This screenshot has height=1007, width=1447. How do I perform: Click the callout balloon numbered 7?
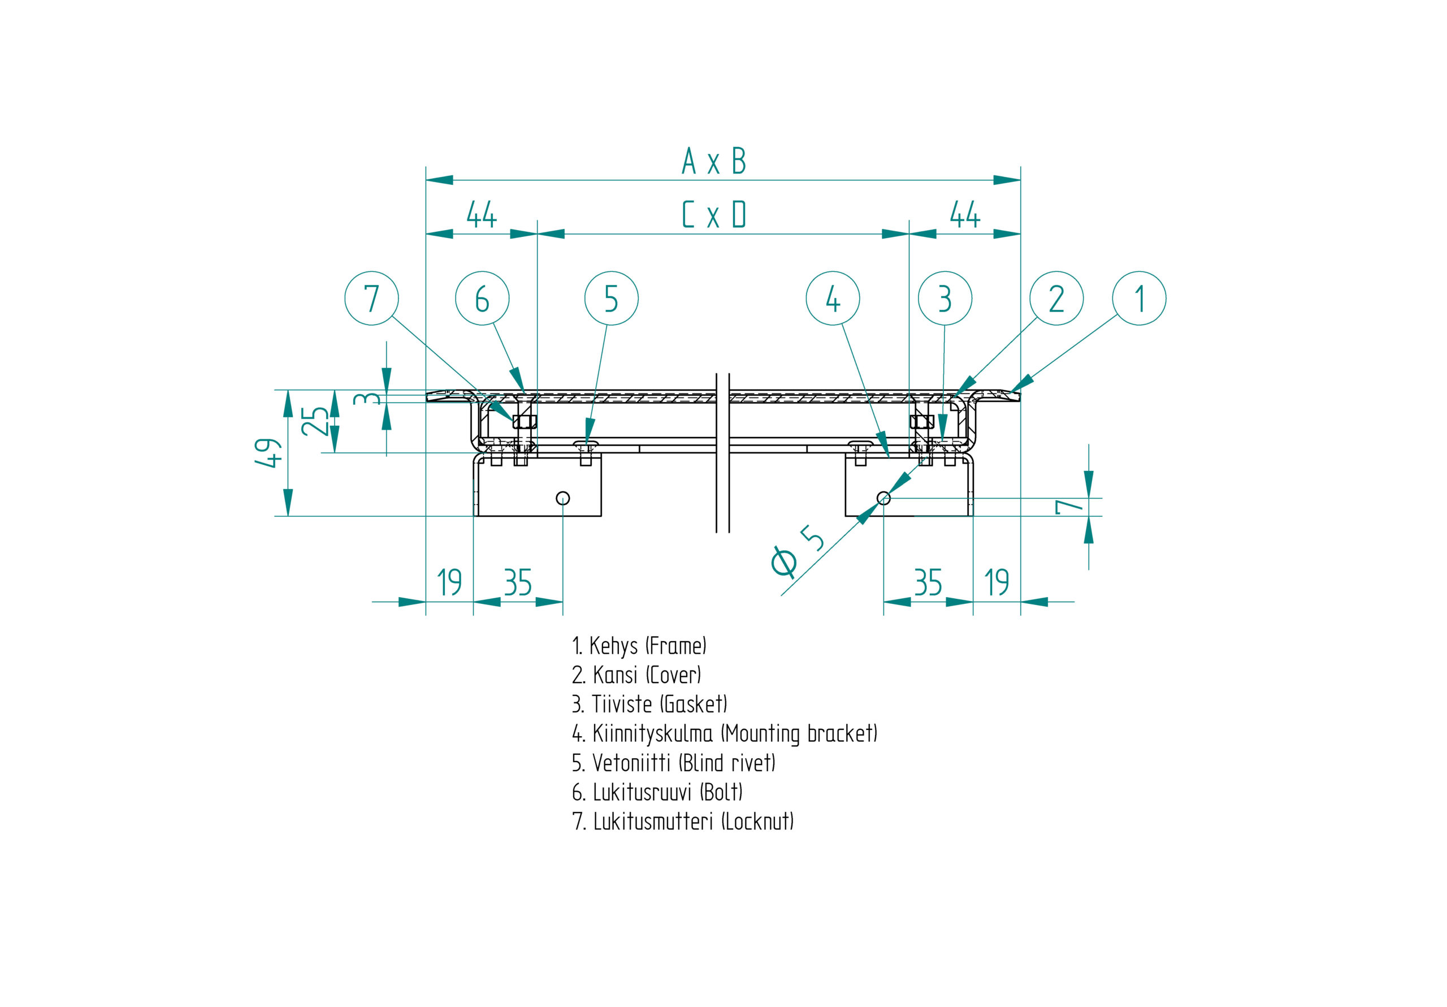click(372, 298)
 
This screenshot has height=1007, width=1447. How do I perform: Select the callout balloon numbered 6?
click(482, 298)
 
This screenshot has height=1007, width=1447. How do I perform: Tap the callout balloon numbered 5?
click(612, 298)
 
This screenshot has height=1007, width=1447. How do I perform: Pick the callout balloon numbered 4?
click(833, 298)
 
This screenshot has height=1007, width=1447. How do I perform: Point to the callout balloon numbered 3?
click(945, 298)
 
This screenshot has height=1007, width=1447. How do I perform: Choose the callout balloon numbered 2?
click(1056, 298)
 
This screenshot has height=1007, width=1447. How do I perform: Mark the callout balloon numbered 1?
click(1139, 298)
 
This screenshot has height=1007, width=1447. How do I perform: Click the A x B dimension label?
click(714, 161)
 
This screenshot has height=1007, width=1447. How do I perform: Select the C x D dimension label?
click(714, 215)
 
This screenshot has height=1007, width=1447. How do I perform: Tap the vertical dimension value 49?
click(268, 453)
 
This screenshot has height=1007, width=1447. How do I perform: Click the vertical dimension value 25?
click(314, 421)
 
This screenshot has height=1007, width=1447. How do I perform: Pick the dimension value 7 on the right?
click(1069, 507)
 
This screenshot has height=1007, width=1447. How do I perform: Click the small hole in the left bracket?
click(563, 498)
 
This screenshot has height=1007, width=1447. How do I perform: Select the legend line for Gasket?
click(649, 704)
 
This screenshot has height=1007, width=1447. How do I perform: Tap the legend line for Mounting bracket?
click(724, 733)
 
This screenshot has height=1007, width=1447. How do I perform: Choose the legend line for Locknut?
click(683, 821)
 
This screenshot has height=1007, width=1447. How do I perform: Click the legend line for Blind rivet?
click(673, 763)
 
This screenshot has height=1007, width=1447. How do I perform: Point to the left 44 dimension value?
click(482, 215)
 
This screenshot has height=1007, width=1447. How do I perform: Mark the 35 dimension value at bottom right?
click(928, 582)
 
